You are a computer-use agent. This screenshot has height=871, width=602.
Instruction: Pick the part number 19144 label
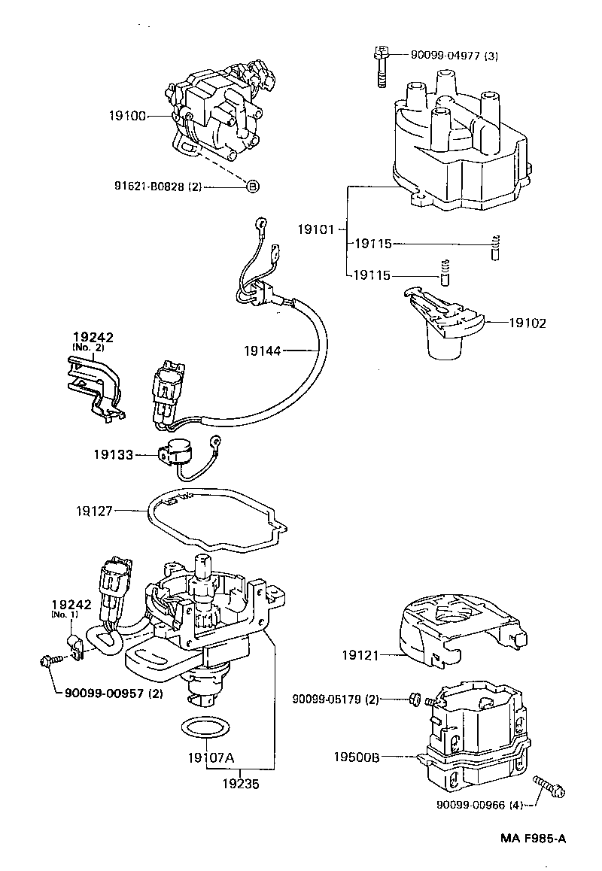tap(262, 350)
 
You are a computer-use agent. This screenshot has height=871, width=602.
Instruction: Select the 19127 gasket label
tap(94, 511)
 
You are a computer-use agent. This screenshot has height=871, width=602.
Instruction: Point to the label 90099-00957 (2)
tap(108, 693)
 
